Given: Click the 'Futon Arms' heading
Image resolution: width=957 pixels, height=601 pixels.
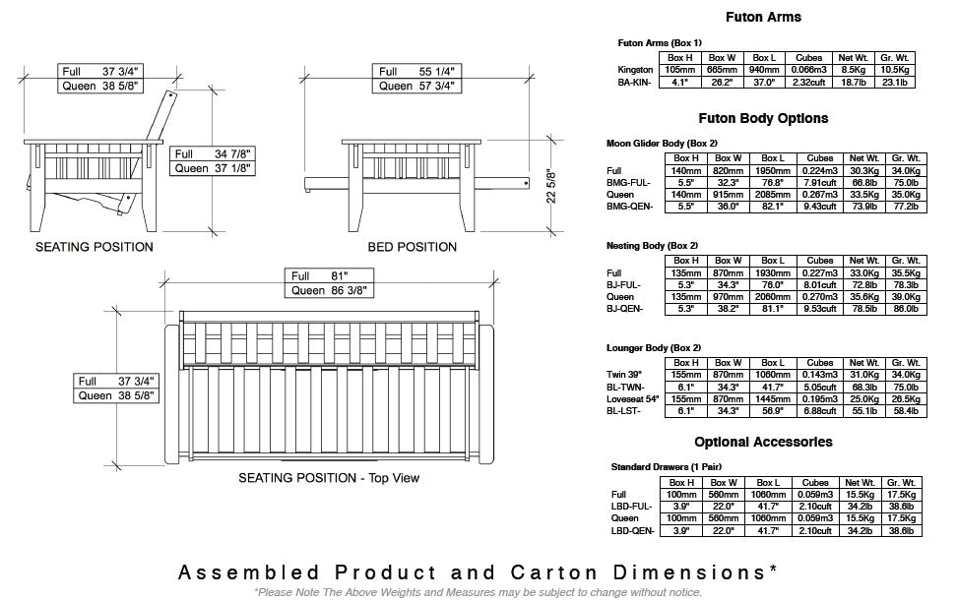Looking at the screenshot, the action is pyautogui.click(x=763, y=17).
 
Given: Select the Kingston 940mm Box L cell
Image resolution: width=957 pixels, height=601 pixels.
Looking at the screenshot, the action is pyautogui.click(x=763, y=70).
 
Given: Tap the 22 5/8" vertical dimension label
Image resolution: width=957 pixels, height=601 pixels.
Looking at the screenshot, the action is pyautogui.click(x=551, y=186).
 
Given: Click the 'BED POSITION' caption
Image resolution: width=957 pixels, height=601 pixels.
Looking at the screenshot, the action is pyautogui.click(x=412, y=247).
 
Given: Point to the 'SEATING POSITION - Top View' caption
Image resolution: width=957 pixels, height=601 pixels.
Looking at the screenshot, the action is pyautogui.click(x=329, y=478).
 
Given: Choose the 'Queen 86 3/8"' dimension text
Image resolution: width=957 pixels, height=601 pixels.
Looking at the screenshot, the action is pyautogui.click(x=329, y=291).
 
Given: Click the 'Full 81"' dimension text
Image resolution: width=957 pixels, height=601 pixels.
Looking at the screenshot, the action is pyautogui.click(x=319, y=276).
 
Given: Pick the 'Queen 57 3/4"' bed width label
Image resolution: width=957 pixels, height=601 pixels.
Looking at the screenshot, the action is pyautogui.click(x=416, y=86).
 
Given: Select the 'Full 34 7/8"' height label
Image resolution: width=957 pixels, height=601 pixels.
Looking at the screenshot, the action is pyautogui.click(x=213, y=154).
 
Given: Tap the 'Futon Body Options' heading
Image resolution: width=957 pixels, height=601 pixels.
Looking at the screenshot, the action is pyautogui.click(x=763, y=118).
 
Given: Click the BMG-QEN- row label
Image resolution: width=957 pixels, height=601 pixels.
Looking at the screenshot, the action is pyautogui.click(x=629, y=207).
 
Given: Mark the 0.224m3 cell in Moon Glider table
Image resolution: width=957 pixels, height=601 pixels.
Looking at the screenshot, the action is pyautogui.click(x=820, y=171).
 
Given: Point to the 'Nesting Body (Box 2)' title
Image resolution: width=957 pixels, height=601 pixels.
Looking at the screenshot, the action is pyautogui.click(x=652, y=246).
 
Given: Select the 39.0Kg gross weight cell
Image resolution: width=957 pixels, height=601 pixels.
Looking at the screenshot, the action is pyautogui.click(x=906, y=297).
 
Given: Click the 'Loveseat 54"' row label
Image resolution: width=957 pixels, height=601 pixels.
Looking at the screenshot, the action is pyautogui.click(x=633, y=399).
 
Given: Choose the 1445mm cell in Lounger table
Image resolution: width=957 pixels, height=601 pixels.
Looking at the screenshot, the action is pyautogui.click(x=773, y=399).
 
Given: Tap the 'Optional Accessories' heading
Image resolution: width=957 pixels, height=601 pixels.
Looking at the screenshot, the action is pyautogui.click(x=763, y=442).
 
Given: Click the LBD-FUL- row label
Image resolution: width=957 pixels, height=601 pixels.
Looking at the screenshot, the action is pyautogui.click(x=632, y=507).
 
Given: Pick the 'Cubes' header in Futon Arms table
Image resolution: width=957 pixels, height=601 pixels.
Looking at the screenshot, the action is pyautogui.click(x=808, y=58).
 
